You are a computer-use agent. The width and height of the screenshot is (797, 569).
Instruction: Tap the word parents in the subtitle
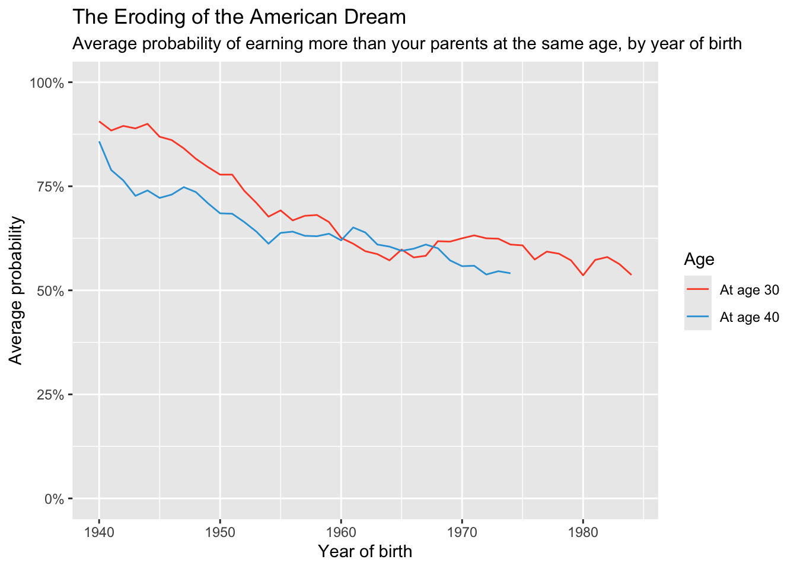pyautogui.click(x=407, y=44)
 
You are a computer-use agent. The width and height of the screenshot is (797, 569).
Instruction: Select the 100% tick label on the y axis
pyautogui.click(x=46, y=82)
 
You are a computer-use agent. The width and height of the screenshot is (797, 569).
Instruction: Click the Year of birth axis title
pyautogui.click(x=365, y=552)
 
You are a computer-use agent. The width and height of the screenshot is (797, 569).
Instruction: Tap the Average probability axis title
pyautogui.click(x=16, y=290)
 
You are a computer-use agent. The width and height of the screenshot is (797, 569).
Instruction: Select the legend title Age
pyautogui.click(x=699, y=259)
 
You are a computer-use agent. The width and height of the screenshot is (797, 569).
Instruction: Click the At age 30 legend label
pyautogui.click(x=749, y=290)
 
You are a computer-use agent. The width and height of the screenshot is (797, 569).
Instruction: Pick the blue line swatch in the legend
pyautogui.click(x=698, y=317)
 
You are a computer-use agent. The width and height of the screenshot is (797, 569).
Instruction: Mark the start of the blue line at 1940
pyautogui.click(x=99, y=142)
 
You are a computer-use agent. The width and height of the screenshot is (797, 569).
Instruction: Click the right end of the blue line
pyautogui.click(x=510, y=273)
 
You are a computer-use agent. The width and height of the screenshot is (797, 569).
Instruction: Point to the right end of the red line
pyautogui.click(x=631, y=274)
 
